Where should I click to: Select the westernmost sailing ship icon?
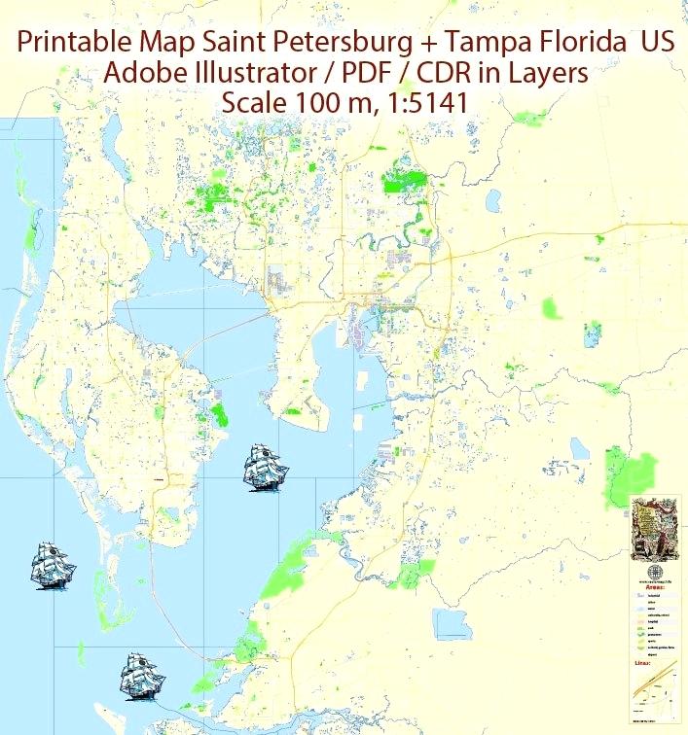(53, 564)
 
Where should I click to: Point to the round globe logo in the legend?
(655, 572)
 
